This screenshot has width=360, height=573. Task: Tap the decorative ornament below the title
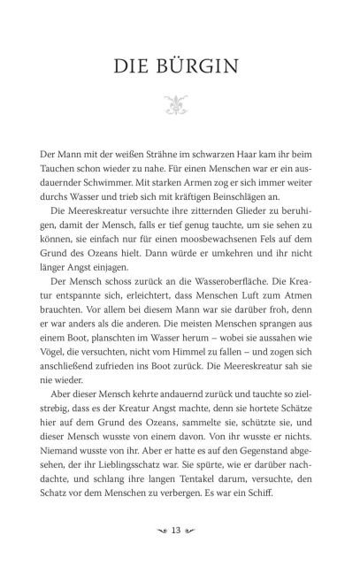click(180, 109)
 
